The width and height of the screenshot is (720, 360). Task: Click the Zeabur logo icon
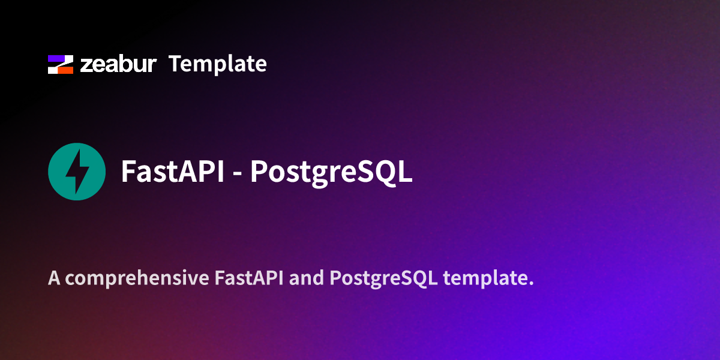pyautogui.click(x=60, y=64)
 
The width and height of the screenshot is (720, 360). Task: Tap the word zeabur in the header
pyautogui.click(x=118, y=64)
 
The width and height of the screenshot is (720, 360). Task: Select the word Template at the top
pyautogui.click(x=217, y=64)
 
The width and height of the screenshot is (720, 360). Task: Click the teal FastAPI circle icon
pyautogui.click(x=77, y=171)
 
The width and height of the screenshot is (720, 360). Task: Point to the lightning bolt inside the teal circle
pyautogui.click(x=77, y=171)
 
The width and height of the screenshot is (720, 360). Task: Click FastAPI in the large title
pyautogui.click(x=172, y=172)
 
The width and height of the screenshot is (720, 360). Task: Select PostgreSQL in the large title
pyautogui.click(x=331, y=172)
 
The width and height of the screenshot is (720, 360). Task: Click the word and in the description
pyautogui.click(x=307, y=278)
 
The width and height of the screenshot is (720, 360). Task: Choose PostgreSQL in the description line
pyautogui.click(x=383, y=279)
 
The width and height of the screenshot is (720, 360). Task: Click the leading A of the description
pyautogui.click(x=54, y=278)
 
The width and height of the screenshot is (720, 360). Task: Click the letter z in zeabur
pyautogui.click(x=86, y=65)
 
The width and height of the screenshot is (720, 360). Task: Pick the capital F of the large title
pyautogui.click(x=128, y=172)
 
